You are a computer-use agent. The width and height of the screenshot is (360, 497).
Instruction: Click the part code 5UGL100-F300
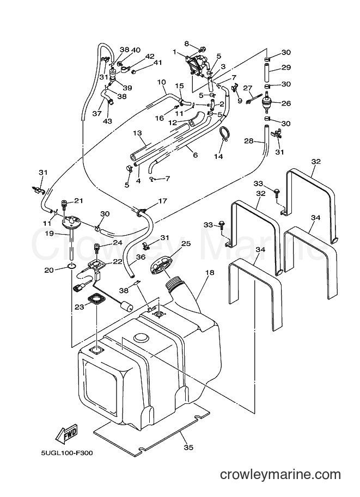tap(66, 453)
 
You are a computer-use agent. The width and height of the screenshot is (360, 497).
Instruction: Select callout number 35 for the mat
tap(188, 447)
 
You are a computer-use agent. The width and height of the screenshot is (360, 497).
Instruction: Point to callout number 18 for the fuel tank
tap(210, 272)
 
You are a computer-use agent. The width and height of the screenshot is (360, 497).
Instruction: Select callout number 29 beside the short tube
tap(286, 67)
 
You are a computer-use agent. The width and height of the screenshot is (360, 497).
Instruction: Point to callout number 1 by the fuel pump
tap(174, 51)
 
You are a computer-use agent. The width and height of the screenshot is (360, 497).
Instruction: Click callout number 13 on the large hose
tap(137, 133)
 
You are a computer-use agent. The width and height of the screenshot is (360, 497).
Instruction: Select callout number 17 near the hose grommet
tap(162, 201)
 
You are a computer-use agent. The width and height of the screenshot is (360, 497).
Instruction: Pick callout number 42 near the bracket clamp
tap(150, 57)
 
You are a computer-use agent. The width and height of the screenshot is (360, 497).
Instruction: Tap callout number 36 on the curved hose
tap(141, 257)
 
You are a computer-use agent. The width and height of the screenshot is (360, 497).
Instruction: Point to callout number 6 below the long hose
tap(196, 155)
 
